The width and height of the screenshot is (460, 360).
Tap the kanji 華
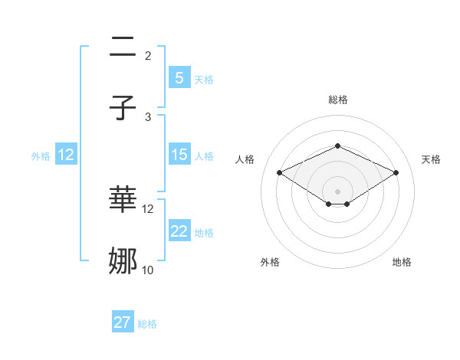[x=123, y=200]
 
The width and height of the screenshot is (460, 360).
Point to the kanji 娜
[x=123, y=261]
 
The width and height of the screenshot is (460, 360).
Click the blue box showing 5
[x=179, y=78]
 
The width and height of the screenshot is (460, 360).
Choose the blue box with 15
[x=179, y=155]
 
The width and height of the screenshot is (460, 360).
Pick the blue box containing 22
[x=179, y=231]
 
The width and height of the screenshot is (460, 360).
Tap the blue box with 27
[x=123, y=322]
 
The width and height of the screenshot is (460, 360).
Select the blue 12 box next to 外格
[x=65, y=155]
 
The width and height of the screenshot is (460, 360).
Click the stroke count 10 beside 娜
[x=148, y=270]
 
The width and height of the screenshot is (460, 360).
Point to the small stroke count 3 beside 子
[x=148, y=116]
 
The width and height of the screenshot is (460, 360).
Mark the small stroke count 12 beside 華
[x=148, y=208]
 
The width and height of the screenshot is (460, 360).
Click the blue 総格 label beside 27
[x=147, y=324]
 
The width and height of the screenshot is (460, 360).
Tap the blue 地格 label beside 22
[x=204, y=232]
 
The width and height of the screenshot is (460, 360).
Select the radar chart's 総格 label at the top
[x=337, y=100]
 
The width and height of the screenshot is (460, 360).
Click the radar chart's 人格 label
[x=245, y=159]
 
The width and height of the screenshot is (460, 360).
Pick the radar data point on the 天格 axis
[x=396, y=172]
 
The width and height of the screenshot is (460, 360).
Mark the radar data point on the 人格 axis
[x=280, y=172]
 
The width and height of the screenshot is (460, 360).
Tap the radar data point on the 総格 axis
[x=337, y=146]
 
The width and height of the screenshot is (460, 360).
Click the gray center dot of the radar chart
[x=337, y=191]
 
